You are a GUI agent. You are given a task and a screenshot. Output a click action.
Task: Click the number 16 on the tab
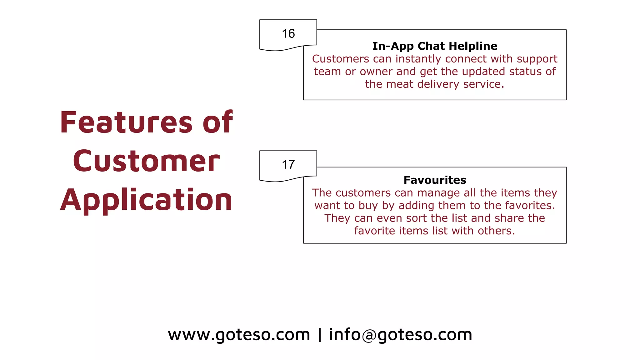pos(288,33)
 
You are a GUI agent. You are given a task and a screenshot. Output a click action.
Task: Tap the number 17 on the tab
pos(288,164)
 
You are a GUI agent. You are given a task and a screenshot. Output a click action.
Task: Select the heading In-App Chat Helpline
pos(435,46)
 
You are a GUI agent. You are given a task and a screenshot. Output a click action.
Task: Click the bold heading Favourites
pos(435,180)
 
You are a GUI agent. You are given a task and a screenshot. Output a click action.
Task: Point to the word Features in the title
pos(126,122)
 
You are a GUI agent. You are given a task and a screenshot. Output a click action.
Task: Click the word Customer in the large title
pos(146,161)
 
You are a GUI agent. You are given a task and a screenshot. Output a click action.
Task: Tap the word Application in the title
pos(146,200)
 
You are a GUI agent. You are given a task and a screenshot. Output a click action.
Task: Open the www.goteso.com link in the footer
pos(239,335)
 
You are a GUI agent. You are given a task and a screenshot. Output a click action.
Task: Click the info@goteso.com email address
pos(401,335)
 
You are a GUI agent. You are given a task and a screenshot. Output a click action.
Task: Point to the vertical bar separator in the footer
pos(319,335)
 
